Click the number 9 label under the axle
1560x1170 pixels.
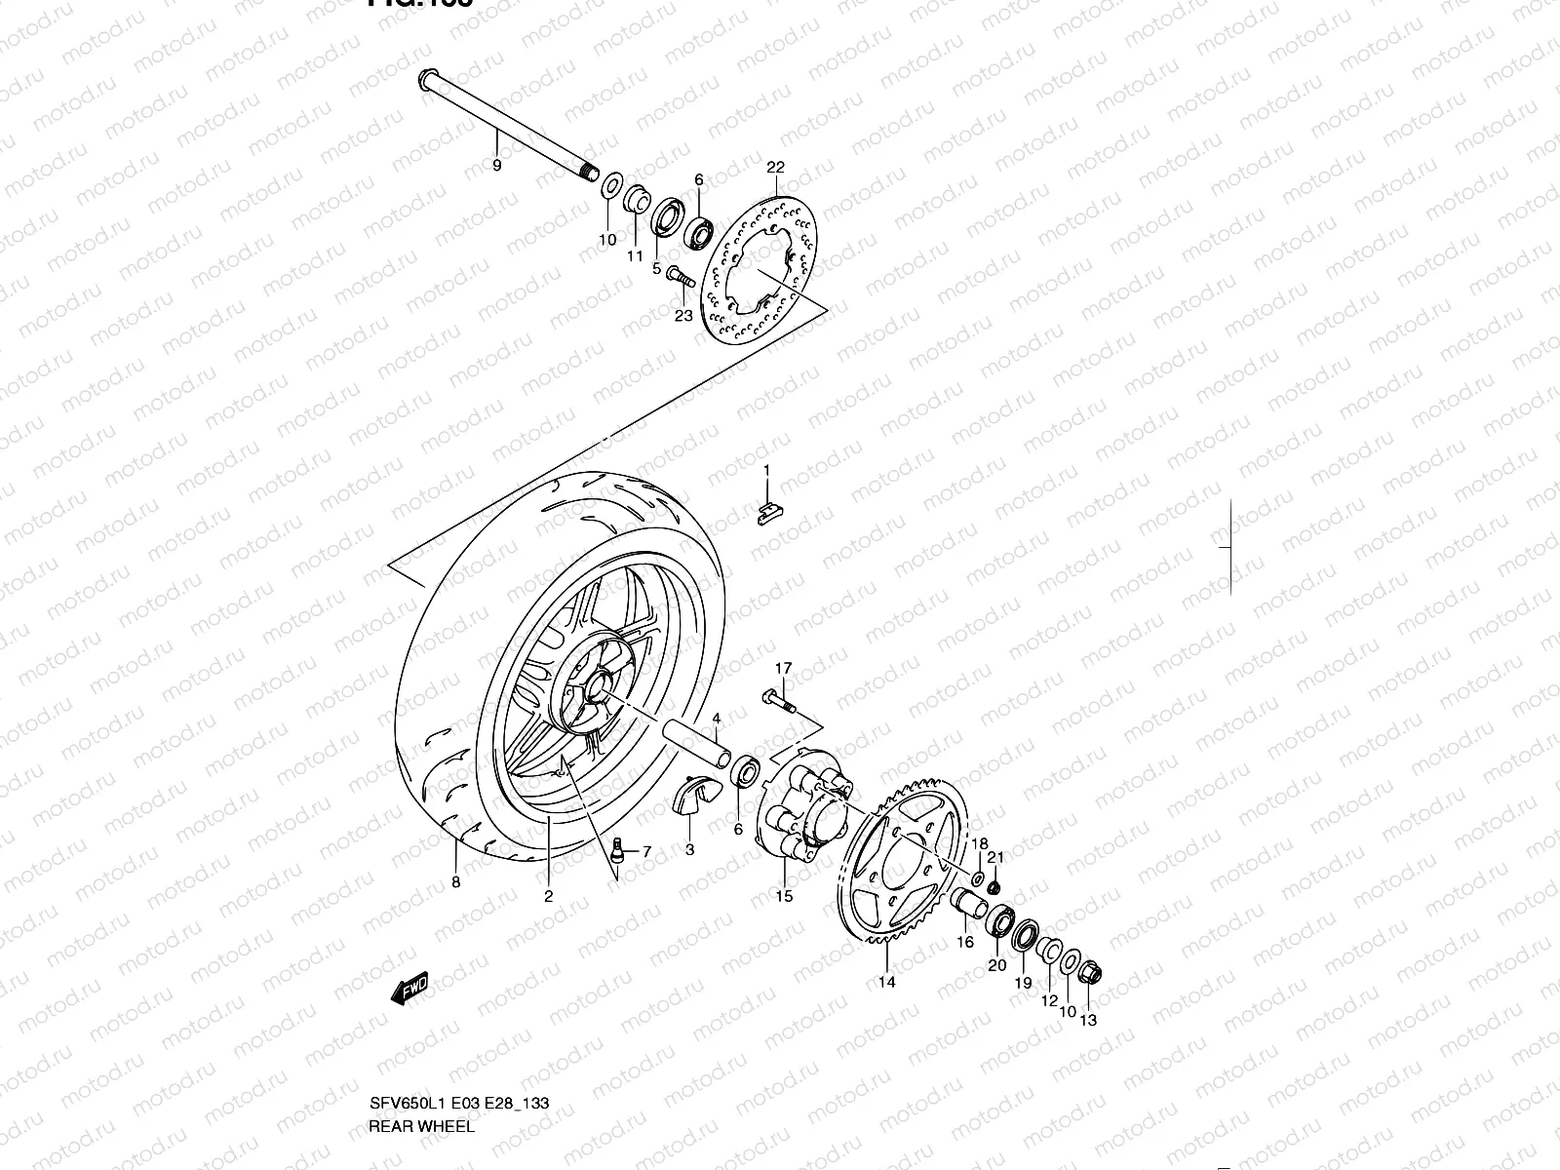[x=524, y=166]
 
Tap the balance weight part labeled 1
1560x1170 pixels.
[x=770, y=513]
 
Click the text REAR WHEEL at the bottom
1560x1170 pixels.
[x=421, y=1126]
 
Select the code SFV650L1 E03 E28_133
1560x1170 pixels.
[x=458, y=1104]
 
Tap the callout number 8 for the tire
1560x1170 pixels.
[x=456, y=882]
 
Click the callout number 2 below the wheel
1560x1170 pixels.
[x=548, y=897]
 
